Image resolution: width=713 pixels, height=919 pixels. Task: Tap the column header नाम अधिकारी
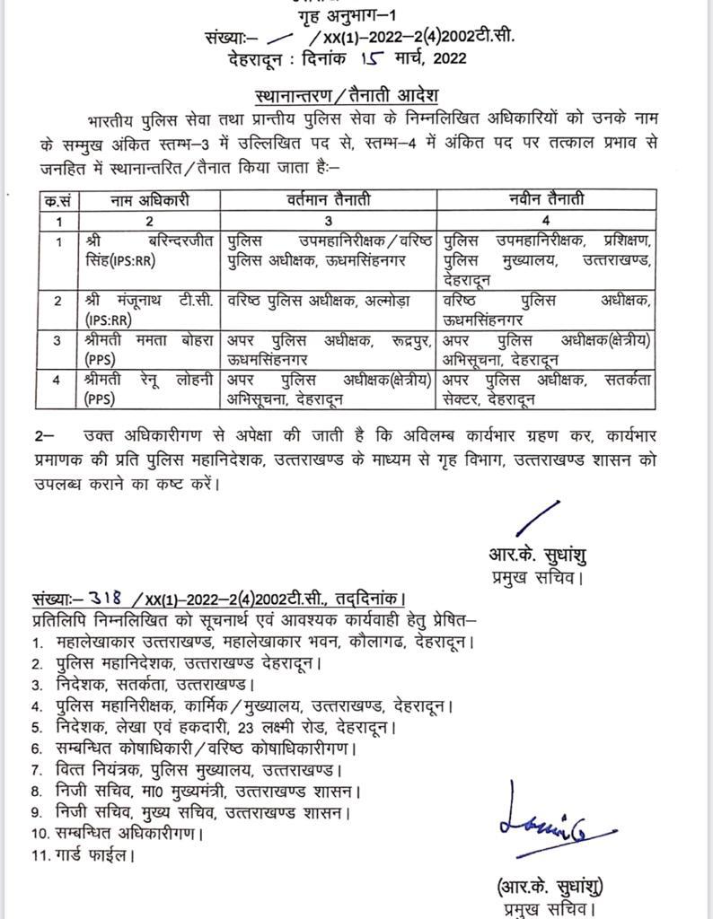[149, 200]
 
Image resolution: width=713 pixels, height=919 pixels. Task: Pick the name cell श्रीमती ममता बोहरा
[149, 349]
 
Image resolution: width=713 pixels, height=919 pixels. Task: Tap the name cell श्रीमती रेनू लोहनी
[149, 389]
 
